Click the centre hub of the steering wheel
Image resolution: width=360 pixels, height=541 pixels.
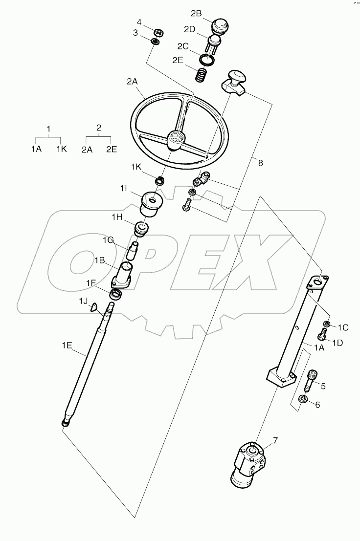pyautogui.click(x=175, y=140)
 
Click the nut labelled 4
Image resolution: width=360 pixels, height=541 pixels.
pyautogui.click(x=157, y=33)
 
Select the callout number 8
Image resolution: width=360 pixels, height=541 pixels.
pyautogui.click(x=260, y=163)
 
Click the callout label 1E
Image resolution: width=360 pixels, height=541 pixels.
pyautogui.click(x=67, y=346)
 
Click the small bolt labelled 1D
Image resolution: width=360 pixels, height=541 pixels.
pyautogui.click(x=322, y=336)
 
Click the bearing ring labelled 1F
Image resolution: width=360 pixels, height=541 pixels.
pyautogui.click(x=116, y=295)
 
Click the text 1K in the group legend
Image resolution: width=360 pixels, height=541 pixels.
pyautogui.click(x=61, y=150)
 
